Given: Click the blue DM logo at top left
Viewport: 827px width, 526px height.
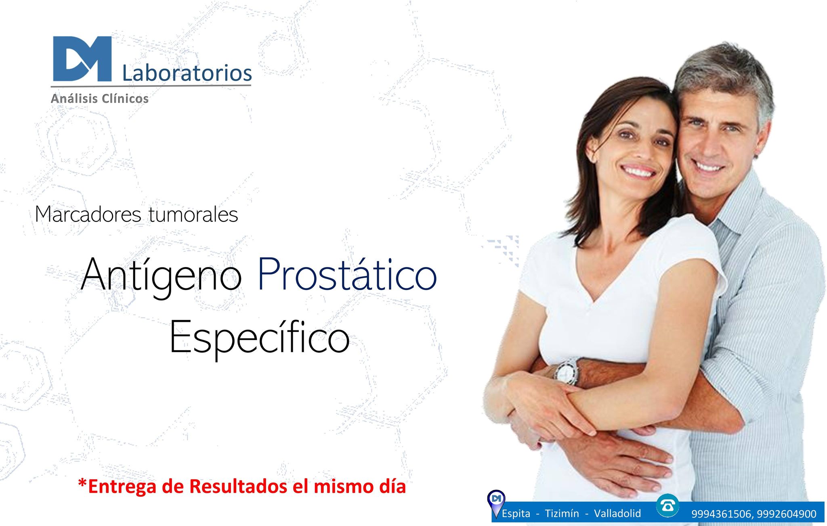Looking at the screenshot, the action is [x=82, y=59].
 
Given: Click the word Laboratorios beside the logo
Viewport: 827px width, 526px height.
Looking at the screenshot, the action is [x=187, y=73].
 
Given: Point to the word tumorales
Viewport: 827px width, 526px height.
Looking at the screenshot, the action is [x=193, y=214].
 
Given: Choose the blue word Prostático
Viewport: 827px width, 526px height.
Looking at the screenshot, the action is [x=347, y=274].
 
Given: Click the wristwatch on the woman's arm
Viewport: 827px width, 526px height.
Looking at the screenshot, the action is [x=567, y=372].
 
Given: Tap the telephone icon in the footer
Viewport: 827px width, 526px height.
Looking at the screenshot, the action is [x=667, y=505].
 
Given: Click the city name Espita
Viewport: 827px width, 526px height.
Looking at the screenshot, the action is [x=516, y=513].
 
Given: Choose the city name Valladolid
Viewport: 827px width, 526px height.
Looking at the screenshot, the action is [x=617, y=513].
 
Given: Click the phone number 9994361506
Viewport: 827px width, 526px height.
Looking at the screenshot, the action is [x=721, y=514].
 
